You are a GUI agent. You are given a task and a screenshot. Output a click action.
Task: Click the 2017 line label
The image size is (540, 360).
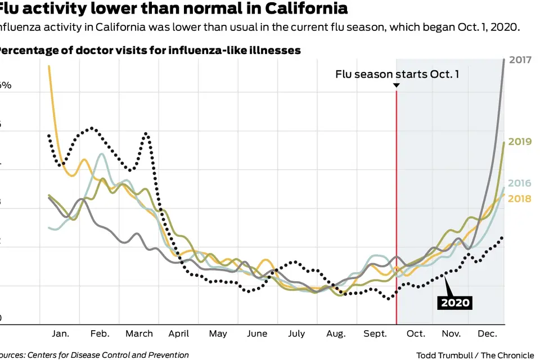pos(520,60)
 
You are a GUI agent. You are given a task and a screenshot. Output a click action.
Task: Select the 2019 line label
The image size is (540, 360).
pos(520,142)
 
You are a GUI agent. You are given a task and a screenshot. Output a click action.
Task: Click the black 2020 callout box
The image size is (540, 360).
pos(455,303)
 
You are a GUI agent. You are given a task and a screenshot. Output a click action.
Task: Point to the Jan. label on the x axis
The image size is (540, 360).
pos(61,334)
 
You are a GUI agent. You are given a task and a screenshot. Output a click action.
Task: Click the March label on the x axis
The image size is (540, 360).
pos(139,334)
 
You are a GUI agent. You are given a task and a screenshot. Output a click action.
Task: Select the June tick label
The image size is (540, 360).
pos(257,334)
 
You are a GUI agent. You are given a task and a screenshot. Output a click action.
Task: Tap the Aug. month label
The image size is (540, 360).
pos(336,334)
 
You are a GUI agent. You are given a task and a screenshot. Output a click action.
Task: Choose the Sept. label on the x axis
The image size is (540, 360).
pos(375,334)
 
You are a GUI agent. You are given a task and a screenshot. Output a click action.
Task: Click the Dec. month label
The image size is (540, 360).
pos(488,334)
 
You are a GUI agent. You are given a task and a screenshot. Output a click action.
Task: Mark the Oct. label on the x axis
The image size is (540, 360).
pos(416,334)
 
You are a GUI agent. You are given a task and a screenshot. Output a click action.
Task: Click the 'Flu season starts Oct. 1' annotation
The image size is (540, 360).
pos(397,74)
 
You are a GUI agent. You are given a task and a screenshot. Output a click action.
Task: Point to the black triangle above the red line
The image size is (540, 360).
pos(397,85)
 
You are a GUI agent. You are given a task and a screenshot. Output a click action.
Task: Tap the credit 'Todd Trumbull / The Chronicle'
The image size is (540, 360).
pos(475,355)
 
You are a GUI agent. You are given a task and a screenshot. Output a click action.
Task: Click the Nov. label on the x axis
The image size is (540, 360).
pos(451,334)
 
